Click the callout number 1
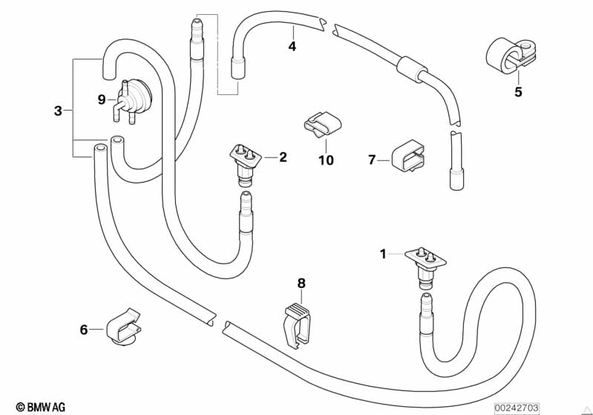383,254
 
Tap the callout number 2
283,157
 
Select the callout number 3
58,111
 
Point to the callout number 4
292,47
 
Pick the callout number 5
518,91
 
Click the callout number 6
84,330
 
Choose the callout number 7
372,160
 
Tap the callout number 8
301,283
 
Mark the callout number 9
102,99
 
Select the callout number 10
326,160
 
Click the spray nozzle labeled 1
425,267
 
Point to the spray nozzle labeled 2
246,165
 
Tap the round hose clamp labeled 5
511,56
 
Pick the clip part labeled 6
123,327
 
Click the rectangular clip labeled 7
407,155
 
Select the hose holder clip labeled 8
298,324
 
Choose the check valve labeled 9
131,100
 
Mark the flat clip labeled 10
322,124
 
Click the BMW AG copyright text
41,407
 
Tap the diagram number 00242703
517,408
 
